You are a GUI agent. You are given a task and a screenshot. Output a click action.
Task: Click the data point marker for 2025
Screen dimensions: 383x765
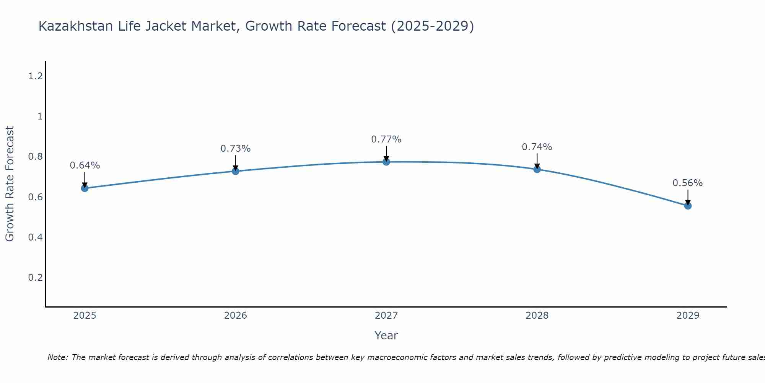click(85, 188)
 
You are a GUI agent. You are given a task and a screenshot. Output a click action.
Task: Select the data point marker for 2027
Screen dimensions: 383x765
click(386, 162)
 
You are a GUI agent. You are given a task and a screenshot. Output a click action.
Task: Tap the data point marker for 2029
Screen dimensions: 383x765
click(688, 206)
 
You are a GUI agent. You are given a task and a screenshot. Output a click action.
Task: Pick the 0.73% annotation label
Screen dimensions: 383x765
click(235, 149)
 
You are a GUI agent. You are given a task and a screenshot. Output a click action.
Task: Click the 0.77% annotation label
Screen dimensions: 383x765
click(386, 139)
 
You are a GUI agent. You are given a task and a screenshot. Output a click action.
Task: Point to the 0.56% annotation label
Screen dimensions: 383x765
click(687, 183)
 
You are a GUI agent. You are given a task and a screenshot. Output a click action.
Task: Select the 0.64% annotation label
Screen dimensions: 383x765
click(85, 165)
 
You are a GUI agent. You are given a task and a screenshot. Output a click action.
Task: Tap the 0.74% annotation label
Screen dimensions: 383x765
click(537, 147)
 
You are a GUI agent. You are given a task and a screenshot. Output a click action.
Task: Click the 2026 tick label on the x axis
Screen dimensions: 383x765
click(235, 316)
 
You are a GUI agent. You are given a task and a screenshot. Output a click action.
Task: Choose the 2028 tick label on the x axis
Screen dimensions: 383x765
click(537, 316)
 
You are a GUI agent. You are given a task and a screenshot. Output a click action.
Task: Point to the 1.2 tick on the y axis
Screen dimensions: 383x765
click(35, 76)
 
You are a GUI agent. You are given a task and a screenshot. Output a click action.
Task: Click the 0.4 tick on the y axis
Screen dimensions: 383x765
click(35, 237)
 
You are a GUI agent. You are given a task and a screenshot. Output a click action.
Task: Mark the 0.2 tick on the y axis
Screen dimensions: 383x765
click(35, 277)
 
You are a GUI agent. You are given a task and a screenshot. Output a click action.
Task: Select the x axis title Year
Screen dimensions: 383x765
click(386, 336)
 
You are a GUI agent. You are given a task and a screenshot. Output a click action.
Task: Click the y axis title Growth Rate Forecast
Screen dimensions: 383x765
click(10, 183)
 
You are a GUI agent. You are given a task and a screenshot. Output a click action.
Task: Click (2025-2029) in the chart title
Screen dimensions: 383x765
click(432, 26)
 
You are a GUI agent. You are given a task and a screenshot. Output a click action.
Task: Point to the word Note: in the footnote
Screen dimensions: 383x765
click(58, 357)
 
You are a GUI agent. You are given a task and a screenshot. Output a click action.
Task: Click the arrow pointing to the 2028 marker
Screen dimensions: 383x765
click(537, 161)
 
